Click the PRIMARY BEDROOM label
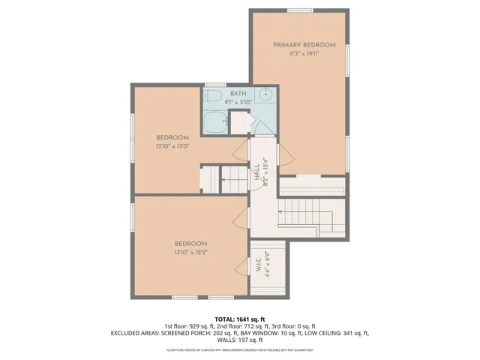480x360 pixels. (298, 45)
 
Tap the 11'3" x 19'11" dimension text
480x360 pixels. (298, 53)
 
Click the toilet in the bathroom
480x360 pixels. (212, 97)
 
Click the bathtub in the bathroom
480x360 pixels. (214, 121)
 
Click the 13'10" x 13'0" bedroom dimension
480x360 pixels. (172, 146)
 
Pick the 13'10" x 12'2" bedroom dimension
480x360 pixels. (190, 253)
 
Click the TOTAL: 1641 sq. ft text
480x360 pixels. (240, 319)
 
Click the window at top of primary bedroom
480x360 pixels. (299, 10)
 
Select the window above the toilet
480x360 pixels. (214, 84)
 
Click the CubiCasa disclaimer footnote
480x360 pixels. (240, 349)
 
